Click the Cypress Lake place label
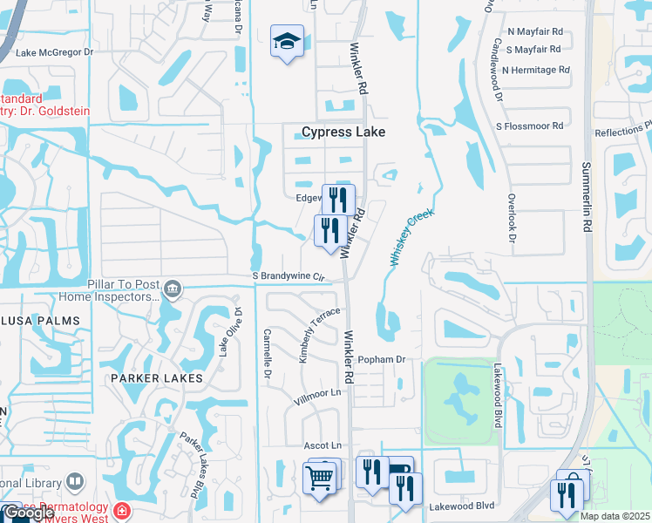pos(343,132)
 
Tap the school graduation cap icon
pos(286,41)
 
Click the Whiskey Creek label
pos(411,236)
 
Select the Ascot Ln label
pos(322,445)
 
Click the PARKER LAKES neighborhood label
pos(157,378)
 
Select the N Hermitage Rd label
pos(535,70)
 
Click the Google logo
pos(29,513)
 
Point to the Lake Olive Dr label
pos(229,331)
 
